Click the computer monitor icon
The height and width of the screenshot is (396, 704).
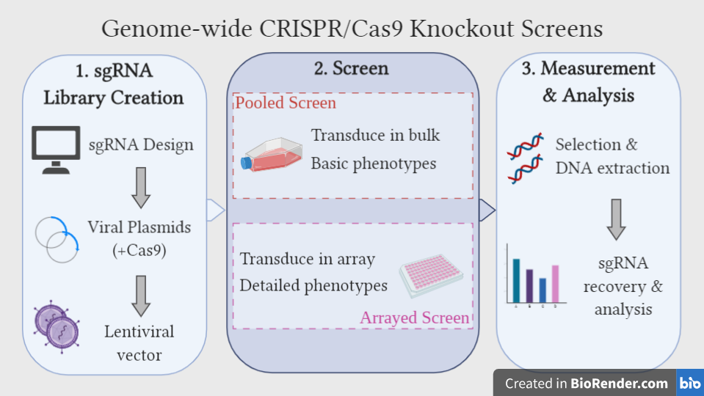56,149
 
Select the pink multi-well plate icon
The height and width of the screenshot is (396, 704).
432,274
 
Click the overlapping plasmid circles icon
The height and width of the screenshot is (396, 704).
57,239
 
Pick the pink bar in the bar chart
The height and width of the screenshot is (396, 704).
556,283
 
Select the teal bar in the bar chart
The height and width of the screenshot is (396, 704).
516,279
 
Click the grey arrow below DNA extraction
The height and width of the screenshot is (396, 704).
616,218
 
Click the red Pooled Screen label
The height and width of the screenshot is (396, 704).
286,103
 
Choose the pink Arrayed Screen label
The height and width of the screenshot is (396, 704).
414,318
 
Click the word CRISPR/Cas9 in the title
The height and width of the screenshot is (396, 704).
343,29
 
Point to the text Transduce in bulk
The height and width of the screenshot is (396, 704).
375,135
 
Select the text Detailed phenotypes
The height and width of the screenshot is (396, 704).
313,285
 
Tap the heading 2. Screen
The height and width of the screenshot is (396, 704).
352,69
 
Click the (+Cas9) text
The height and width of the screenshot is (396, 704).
139,250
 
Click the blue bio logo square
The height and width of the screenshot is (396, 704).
689,383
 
